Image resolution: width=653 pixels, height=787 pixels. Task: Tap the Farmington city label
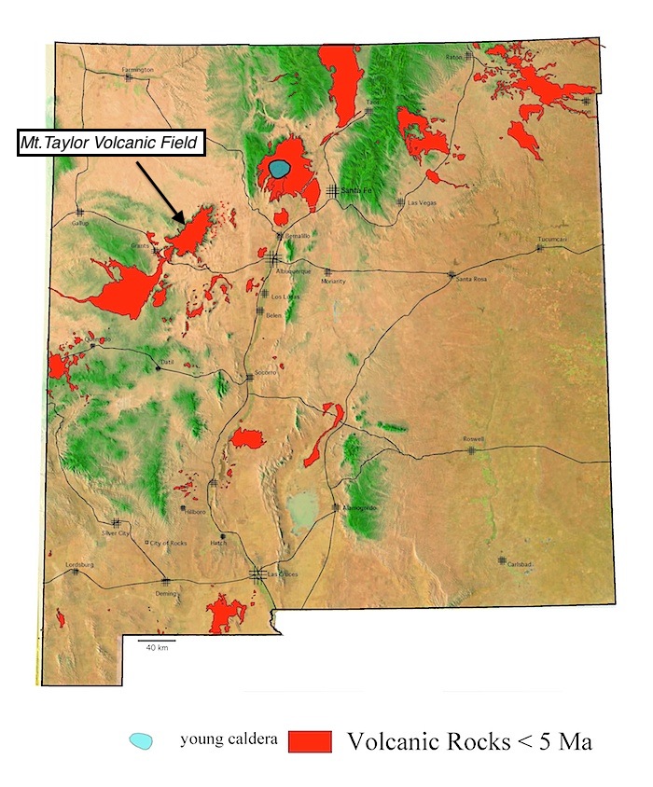(136, 69)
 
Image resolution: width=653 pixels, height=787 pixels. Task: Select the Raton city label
(453, 57)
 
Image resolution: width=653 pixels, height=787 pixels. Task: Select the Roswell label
(474, 439)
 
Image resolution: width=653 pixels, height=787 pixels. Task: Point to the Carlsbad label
(520, 564)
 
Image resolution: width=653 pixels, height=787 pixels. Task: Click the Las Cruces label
(282, 574)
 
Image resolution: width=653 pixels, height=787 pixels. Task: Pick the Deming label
(167, 593)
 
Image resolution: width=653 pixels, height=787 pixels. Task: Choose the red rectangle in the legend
(310, 741)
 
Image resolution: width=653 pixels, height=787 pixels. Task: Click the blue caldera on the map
(281, 170)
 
